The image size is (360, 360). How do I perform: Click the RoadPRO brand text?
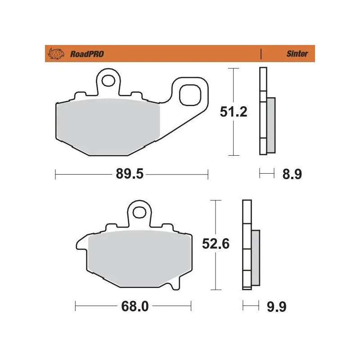(x=87, y=54)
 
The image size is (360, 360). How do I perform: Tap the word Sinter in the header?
(x=297, y=54)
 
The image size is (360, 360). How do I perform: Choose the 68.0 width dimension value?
(x=134, y=307)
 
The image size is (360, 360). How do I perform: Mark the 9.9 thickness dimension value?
(x=276, y=307)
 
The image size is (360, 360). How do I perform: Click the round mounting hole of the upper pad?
(x=108, y=81)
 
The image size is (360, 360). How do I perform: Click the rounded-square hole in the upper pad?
(x=189, y=96)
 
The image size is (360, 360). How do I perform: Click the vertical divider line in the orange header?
(x=261, y=54)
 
